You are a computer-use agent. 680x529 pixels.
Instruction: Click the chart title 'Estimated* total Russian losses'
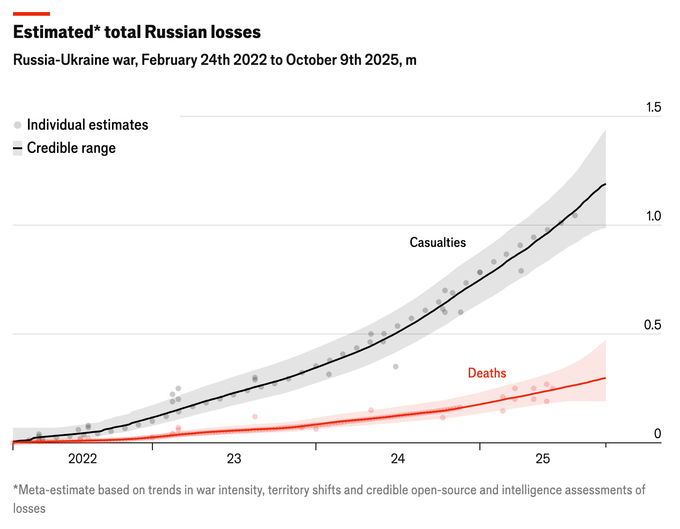click(137, 32)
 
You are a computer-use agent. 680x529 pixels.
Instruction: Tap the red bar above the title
click(31, 14)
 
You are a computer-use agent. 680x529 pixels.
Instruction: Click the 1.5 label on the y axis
click(654, 107)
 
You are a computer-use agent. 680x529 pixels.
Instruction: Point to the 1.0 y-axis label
click(654, 216)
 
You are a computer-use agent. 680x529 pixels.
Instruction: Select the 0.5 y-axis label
click(653, 325)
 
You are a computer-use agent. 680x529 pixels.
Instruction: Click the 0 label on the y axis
click(657, 434)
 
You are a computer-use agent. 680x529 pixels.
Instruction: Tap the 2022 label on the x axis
click(82, 459)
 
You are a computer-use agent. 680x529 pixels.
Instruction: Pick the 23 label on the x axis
click(234, 459)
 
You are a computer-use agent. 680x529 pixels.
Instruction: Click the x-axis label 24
click(397, 459)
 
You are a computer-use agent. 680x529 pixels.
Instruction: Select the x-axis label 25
click(542, 459)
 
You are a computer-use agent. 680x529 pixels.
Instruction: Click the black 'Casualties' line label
click(438, 242)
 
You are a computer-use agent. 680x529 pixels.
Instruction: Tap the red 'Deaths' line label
click(487, 373)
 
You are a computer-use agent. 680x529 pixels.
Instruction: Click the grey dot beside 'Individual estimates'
click(18, 125)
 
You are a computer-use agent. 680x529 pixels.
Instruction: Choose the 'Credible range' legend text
click(71, 148)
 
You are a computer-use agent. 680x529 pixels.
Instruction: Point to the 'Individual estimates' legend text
click(88, 125)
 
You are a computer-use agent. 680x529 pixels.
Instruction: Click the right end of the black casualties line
click(605, 184)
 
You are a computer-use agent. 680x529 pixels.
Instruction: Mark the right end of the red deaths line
click(605, 378)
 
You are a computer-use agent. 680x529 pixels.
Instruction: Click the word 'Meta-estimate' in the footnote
click(50, 490)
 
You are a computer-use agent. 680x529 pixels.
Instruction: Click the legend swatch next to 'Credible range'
click(18, 148)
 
